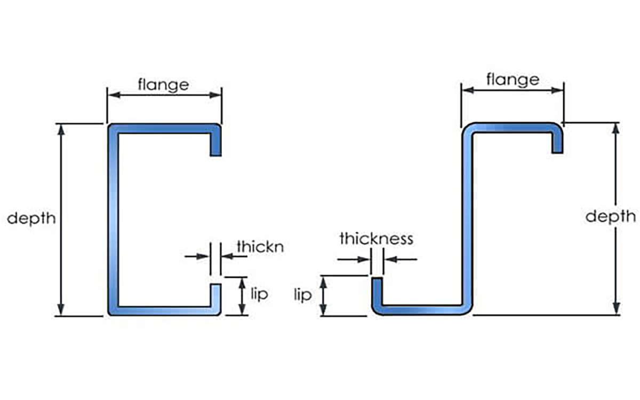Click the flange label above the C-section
(163, 84)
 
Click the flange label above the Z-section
(513, 79)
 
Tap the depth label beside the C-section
(31, 219)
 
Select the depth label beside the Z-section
(610, 217)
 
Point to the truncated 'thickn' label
(260, 246)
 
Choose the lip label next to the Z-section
(302, 295)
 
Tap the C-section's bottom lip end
(215, 295)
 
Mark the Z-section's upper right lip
(557, 141)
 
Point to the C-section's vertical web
(113, 219)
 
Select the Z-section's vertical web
(467, 219)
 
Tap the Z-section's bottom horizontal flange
(421, 309)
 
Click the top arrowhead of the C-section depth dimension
(61, 129)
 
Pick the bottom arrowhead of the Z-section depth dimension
(617, 309)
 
